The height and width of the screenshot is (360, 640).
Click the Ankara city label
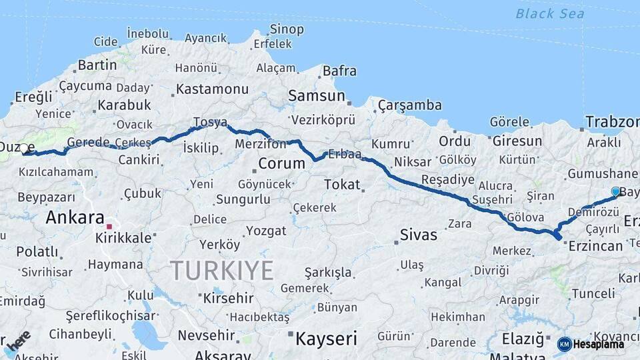(75, 217)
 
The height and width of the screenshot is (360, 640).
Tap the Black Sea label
(550, 13)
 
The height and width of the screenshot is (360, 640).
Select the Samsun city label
(317, 96)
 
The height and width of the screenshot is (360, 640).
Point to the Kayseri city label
(326, 338)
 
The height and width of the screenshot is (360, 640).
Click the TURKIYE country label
(221, 271)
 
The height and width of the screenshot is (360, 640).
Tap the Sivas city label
(419, 235)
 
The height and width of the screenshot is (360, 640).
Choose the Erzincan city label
(595, 246)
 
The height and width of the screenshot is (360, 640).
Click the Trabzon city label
(612, 122)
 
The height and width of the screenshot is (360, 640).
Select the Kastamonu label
(213, 89)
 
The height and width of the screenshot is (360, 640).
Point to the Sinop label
(287, 29)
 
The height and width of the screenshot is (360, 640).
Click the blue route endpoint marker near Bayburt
(615, 191)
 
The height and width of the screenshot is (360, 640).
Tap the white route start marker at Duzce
(24, 148)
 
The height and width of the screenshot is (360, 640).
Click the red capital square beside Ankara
(109, 227)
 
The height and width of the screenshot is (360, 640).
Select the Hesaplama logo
(591, 344)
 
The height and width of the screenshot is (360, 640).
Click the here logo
(19, 339)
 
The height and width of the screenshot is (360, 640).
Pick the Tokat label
(341, 185)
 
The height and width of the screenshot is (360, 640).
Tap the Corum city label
(281, 163)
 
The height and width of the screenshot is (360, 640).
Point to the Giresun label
(517, 141)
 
